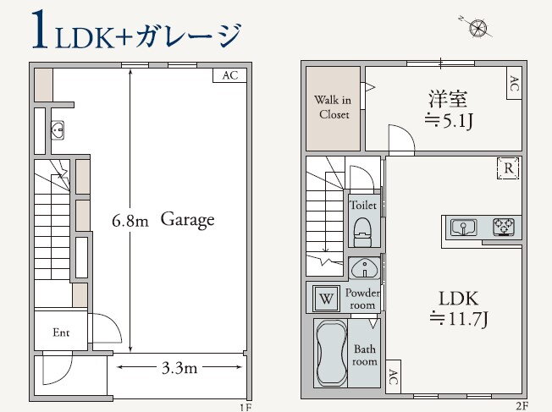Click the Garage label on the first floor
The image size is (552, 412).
point(187,220)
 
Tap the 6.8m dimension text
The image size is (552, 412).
point(130,222)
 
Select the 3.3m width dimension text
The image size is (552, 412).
point(179,368)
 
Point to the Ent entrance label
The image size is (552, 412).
point(61,332)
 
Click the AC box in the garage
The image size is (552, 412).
point(229,75)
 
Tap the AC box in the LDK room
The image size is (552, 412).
point(393,380)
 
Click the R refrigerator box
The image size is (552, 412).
point(508,168)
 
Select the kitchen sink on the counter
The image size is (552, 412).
point(463,227)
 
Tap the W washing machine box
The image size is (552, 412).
point(327,298)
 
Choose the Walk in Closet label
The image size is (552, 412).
point(334,107)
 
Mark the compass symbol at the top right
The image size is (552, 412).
point(480,27)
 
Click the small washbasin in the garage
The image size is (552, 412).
point(58,131)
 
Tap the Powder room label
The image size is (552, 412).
point(362,299)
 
